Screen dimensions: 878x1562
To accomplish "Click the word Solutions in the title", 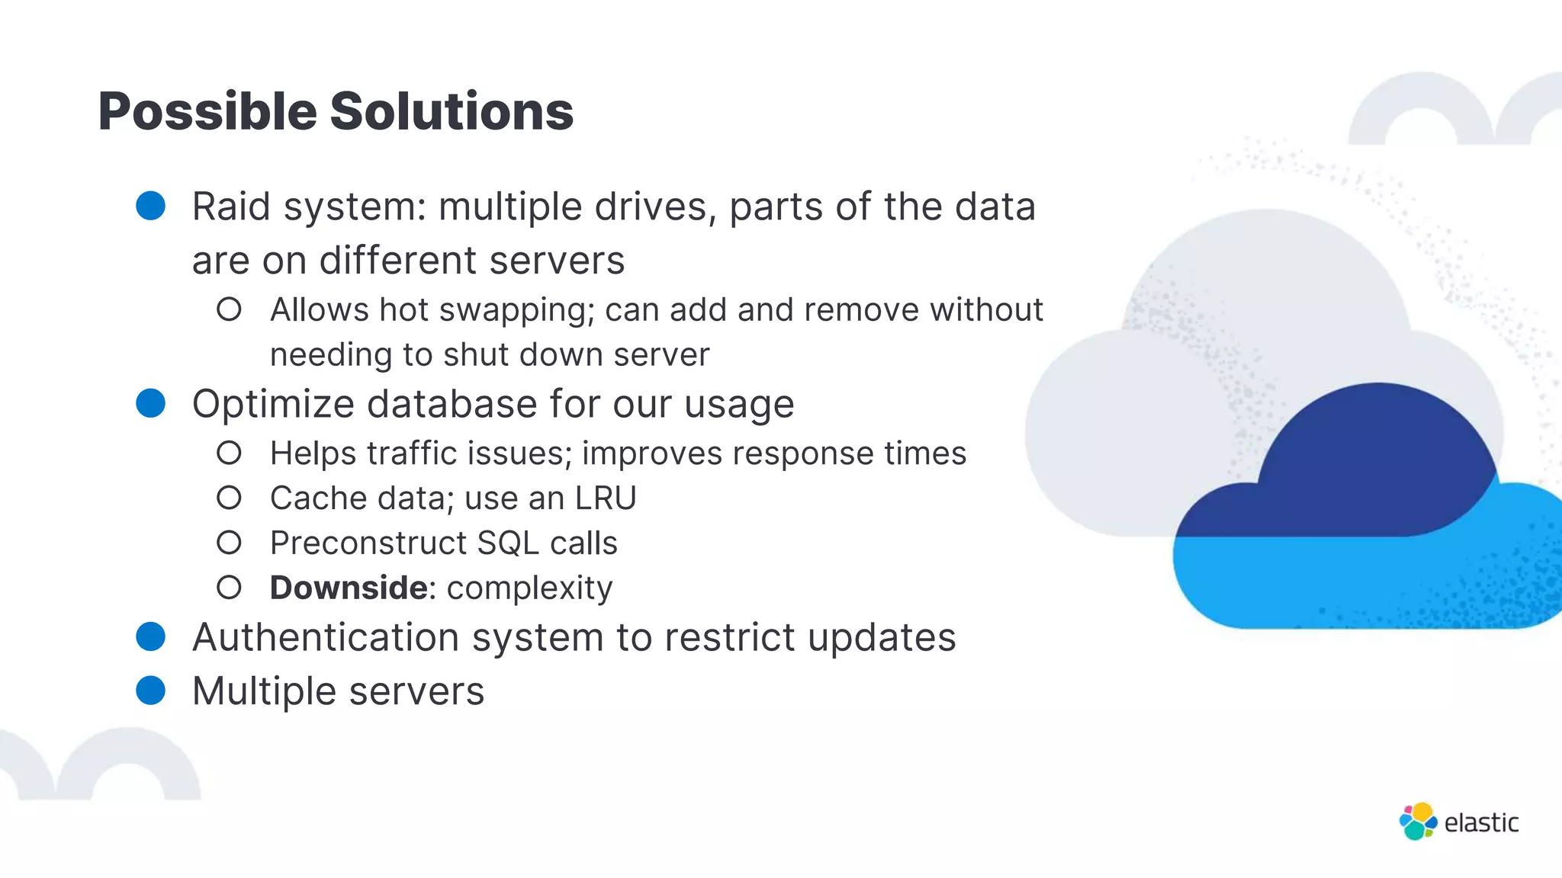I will click(452, 111).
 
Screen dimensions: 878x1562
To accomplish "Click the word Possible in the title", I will click(207, 111).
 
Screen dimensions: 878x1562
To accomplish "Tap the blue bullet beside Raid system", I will click(150, 206).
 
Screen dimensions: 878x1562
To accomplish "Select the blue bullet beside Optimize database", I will click(150, 403).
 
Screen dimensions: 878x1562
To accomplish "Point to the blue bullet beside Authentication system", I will click(150, 636).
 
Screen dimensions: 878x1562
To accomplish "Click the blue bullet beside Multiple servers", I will click(150, 691).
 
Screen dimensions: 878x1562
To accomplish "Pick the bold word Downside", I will click(349, 588).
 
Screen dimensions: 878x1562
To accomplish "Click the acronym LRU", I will click(606, 498).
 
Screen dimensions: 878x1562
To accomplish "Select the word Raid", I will click(231, 207).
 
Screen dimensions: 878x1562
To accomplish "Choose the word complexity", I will click(529, 588).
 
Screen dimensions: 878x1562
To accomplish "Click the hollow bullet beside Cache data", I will click(229, 498).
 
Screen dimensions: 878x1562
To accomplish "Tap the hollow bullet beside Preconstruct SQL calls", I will click(229, 543).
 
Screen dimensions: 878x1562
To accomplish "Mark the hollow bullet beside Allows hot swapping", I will click(229, 309).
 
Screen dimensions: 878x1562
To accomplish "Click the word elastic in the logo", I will click(1481, 823).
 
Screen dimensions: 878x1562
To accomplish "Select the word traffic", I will click(412, 453).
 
